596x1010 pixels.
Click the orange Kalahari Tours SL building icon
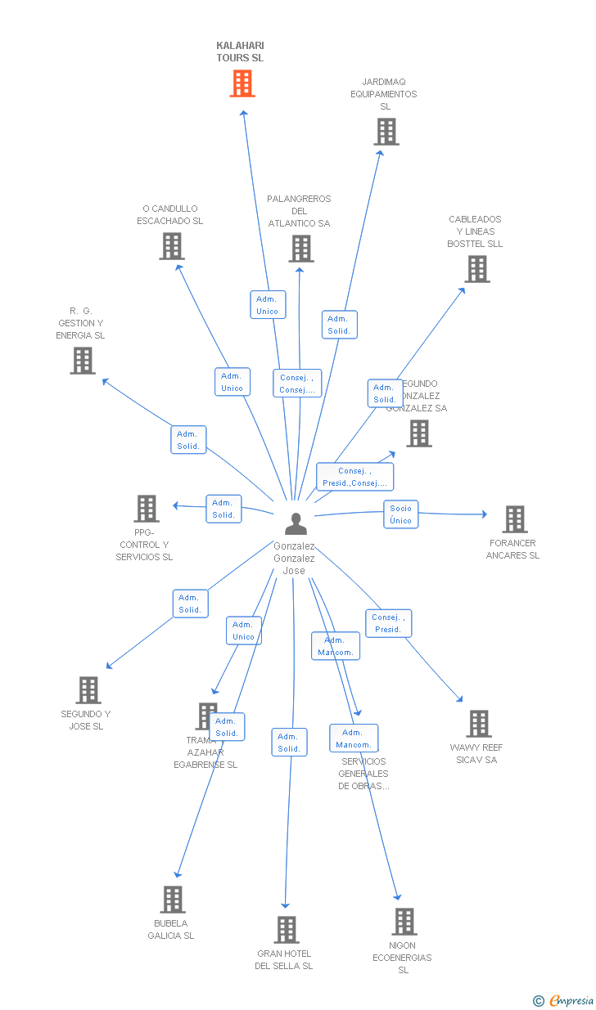(x=242, y=83)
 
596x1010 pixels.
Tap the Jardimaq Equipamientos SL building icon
(x=386, y=132)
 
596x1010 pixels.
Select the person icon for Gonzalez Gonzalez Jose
(x=296, y=523)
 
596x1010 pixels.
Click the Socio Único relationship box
(x=400, y=514)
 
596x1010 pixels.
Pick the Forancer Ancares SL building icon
(x=514, y=519)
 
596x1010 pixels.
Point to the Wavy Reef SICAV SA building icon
(x=478, y=724)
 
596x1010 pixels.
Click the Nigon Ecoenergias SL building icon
(x=404, y=922)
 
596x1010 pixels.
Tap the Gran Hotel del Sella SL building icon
(x=286, y=930)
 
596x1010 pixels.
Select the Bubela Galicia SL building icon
(x=172, y=900)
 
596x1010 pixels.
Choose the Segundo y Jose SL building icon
(x=88, y=690)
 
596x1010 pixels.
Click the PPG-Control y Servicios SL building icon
(x=147, y=509)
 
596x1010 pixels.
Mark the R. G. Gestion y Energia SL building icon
(x=82, y=361)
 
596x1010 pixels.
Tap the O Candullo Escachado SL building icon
(x=171, y=246)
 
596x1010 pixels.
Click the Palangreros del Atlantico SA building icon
(x=300, y=249)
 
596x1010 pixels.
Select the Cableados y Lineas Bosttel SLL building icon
(x=476, y=269)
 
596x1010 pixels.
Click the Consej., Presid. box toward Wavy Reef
(x=388, y=623)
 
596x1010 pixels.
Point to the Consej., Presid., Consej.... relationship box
(x=355, y=477)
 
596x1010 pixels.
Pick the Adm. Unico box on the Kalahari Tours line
(x=268, y=305)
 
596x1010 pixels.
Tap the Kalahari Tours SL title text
(x=240, y=52)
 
